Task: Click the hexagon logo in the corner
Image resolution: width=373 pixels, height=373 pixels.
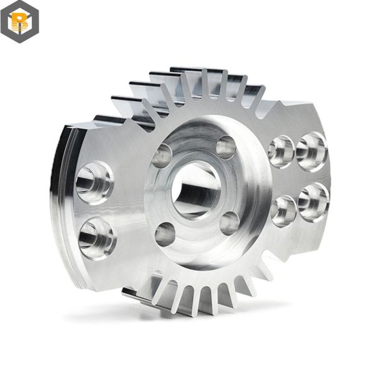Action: (x=19, y=22)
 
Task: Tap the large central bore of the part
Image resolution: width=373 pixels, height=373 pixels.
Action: (x=195, y=190)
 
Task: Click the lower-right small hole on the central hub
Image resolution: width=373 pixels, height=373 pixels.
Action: (x=229, y=223)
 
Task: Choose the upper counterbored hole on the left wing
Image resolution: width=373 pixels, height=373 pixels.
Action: (x=94, y=182)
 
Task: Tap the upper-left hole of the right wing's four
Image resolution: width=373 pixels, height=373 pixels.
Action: (x=281, y=150)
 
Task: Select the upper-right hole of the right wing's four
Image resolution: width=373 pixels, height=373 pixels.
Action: (x=311, y=151)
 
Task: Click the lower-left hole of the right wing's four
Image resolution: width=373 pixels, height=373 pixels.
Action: (x=283, y=211)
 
